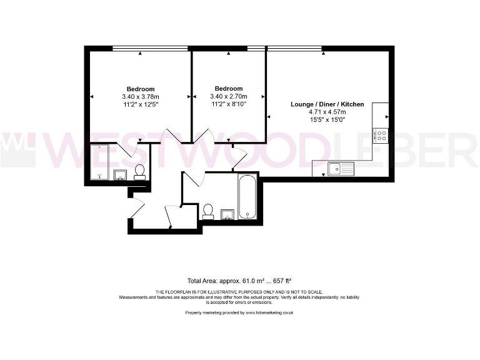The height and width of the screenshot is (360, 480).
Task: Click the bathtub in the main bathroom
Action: coord(247,196)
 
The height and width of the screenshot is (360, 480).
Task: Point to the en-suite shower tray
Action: coord(100,162)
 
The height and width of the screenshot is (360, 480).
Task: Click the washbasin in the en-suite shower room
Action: coord(121,174)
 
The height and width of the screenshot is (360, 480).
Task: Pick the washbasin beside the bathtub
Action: coord(227,214)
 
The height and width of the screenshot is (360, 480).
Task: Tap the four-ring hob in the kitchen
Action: coord(380,135)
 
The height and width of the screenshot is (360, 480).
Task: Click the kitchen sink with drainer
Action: coord(341,168)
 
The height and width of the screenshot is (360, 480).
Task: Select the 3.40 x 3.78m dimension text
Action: coord(141,97)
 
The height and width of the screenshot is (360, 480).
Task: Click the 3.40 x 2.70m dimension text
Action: coord(228,97)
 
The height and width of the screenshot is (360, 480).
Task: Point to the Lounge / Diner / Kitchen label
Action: coord(327,104)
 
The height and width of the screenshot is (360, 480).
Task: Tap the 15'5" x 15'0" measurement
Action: coord(327,119)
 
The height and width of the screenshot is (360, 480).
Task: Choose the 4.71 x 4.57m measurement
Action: coord(327,112)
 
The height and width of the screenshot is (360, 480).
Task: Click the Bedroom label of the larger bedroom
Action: coord(141,89)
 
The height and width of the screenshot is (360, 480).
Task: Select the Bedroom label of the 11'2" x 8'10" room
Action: coord(228,89)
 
